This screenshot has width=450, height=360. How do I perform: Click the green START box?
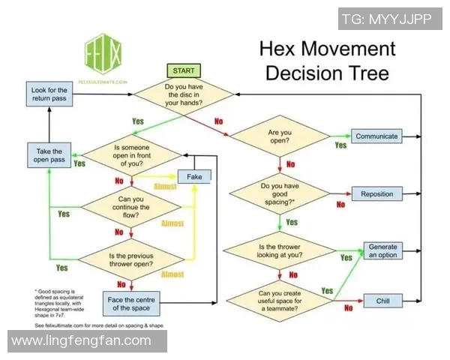coord(183,70)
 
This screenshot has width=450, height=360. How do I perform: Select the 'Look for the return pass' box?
coord(49,95)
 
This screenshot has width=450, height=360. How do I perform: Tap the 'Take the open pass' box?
coord(49,155)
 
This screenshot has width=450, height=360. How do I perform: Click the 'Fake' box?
coord(194,176)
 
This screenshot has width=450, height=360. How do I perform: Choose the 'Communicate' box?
coord(376,136)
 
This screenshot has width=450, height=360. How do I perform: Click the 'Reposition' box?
coord(376,194)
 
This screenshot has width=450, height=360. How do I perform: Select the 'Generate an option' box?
coord(382,251)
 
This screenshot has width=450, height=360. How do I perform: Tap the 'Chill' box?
coord(376,301)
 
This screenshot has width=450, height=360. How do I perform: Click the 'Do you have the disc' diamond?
coord(183,96)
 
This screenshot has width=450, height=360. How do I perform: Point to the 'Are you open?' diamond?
coord(279,136)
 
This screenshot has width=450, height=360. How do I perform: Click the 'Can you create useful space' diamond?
coord(279,301)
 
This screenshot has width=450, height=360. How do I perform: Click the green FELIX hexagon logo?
coord(104,54)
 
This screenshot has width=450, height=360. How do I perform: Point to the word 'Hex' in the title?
coord(282,50)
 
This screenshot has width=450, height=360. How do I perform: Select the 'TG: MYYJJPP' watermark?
coord(387,19)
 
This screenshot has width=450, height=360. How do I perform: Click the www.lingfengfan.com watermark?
coord(82,341)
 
